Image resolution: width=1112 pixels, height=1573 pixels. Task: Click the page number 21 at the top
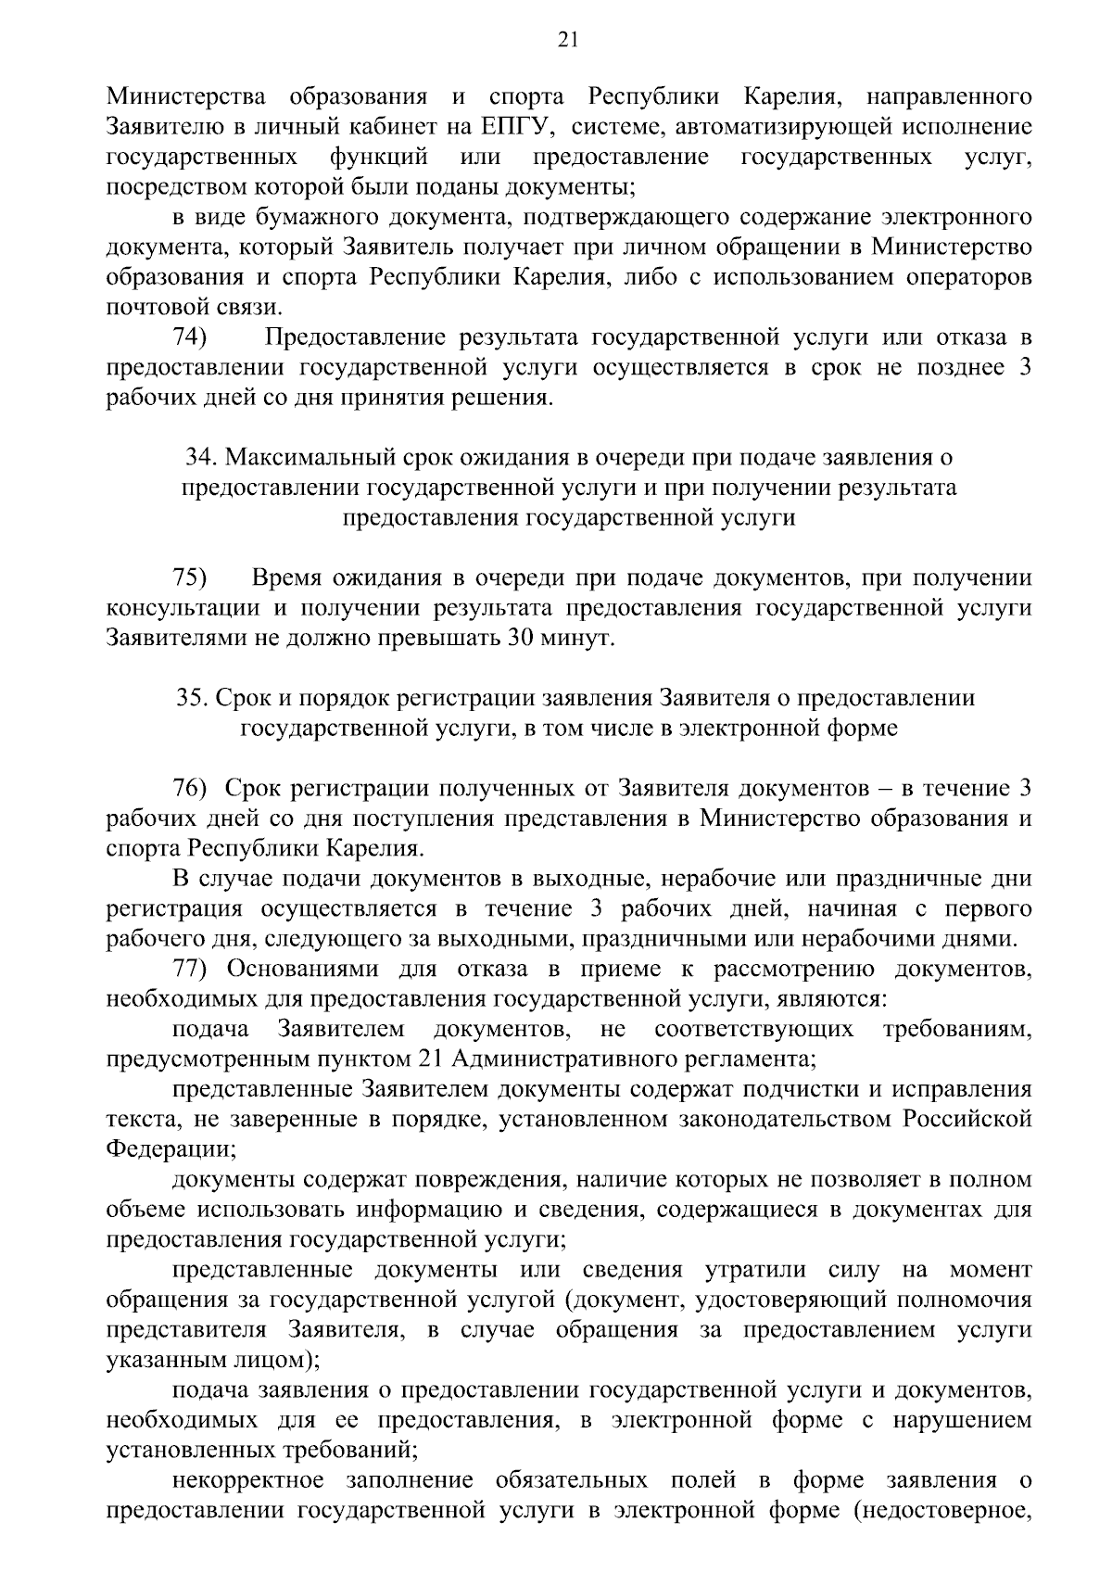[567, 38]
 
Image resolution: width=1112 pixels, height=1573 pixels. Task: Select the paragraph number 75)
[191, 578]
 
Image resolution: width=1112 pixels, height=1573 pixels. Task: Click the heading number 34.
[201, 458]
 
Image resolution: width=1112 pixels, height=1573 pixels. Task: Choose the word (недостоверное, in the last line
[942, 1510]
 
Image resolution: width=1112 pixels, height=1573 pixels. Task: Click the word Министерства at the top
[185, 96]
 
